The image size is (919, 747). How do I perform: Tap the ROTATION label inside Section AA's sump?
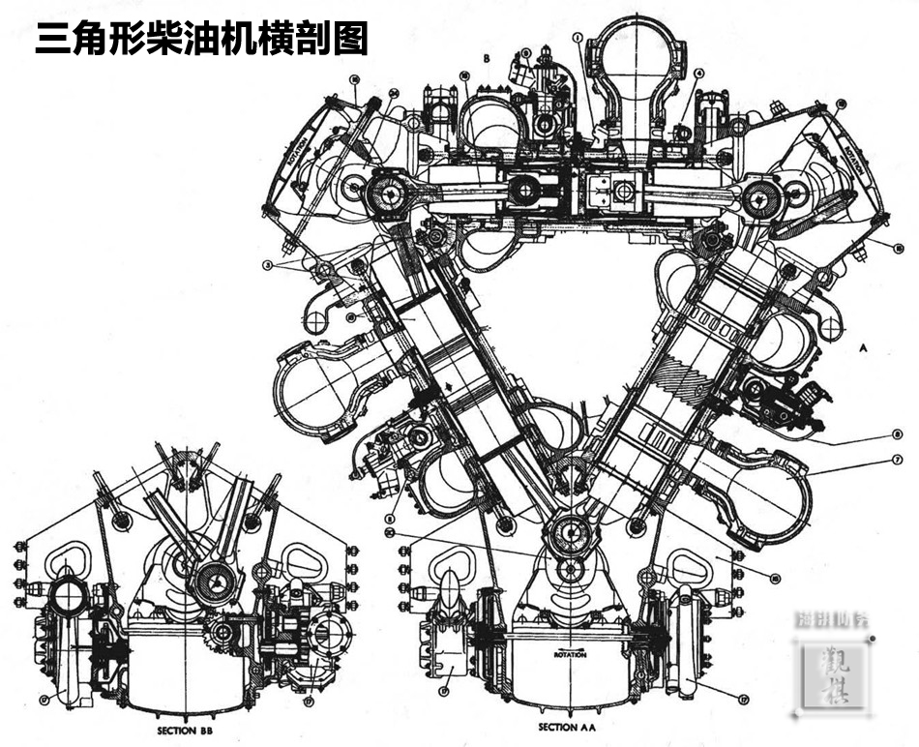click(570, 654)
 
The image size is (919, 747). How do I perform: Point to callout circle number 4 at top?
click(699, 73)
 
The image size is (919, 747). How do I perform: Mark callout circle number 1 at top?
click(578, 39)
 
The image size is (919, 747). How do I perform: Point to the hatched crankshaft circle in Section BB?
click(216, 582)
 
